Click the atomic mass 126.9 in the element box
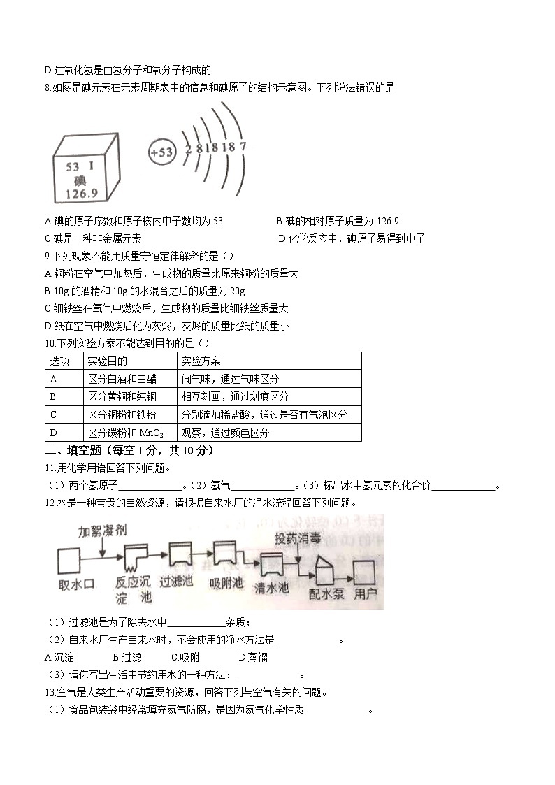(81, 193)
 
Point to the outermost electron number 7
(243, 147)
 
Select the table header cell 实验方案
(201, 361)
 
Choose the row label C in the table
(54, 415)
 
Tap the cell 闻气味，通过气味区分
(230, 379)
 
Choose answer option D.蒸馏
(253, 657)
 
